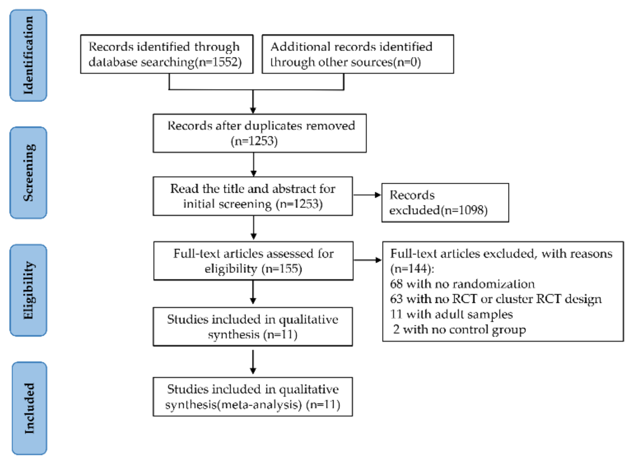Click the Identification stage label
point(28,55)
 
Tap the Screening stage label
point(28,173)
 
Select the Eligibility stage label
point(28,290)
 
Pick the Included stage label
point(29,408)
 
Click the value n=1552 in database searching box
point(220,62)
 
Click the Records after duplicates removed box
point(259,133)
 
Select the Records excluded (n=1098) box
point(445,203)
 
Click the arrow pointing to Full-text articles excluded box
point(367,260)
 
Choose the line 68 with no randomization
point(462,284)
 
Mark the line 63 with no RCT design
point(496,299)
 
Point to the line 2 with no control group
point(459,329)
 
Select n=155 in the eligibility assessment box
point(282,269)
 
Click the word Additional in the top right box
point(300,47)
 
